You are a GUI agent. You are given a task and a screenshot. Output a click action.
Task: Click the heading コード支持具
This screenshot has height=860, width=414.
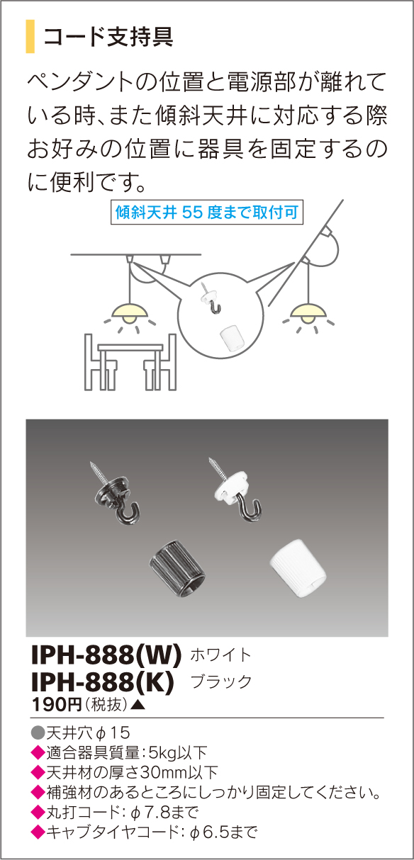pyautogui.click(x=108, y=37)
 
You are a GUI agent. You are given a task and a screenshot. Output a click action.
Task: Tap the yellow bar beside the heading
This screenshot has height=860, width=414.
pyautogui.click(x=30, y=37)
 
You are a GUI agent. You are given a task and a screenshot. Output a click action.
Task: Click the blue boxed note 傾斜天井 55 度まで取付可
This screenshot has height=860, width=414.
pyautogui.click(x=207, y=212)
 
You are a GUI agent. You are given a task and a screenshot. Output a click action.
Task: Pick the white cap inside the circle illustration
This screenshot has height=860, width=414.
pyautogui.click(x=228, y=337)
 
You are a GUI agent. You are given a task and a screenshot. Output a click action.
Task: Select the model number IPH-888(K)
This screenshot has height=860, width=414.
pyautogui.click(x=103, y=681)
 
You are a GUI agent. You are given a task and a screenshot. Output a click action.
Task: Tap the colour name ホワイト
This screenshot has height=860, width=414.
pyautogui.click(x=221, y=655)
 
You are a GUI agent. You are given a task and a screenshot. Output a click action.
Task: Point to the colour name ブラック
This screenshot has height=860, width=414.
pyautogui.click(x=222, y=682)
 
